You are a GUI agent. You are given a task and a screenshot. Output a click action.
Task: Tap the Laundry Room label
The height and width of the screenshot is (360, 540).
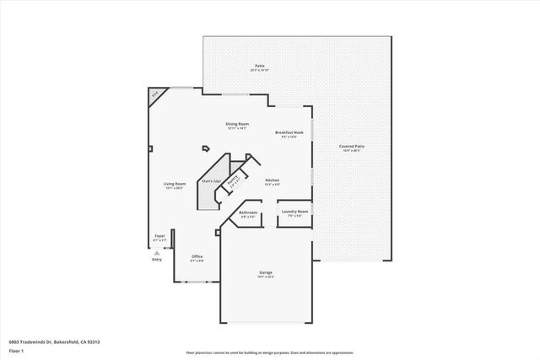[x=294, y=212]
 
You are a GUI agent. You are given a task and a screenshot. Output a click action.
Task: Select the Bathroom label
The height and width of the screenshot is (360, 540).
[x=247, y=213]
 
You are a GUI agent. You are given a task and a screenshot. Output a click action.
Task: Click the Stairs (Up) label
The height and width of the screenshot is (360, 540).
[x=210, y=181]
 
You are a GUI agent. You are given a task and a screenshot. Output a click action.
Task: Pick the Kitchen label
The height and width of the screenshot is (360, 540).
[x=272, y=181]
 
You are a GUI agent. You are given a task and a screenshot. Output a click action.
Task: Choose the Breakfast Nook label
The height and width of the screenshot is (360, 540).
[x=288, y=133]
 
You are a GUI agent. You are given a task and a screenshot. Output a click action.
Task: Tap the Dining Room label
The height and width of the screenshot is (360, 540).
[x=237, y=125]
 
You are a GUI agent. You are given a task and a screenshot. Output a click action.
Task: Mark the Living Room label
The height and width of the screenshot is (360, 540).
[x=174, y=184]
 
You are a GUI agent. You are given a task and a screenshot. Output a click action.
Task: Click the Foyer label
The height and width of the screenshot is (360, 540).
[x=159, y=237]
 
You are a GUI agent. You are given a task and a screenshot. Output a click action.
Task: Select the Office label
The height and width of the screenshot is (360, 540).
[x=197, y=257]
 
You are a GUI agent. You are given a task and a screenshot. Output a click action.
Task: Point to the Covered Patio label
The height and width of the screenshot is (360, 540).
[x=350, y=147]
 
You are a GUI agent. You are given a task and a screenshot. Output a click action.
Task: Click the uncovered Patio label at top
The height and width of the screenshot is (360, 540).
[x=260, y=67]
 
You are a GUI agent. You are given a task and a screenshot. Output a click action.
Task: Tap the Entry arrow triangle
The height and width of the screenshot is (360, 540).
[x=156, y=252]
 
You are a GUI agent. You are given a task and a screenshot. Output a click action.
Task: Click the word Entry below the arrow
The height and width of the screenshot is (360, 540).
[x=156, y=260]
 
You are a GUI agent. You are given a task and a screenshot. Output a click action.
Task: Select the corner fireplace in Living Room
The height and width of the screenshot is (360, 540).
[x=154, y=96]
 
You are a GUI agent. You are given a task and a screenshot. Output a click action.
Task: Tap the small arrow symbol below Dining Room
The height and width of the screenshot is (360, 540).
[x=205, y=149]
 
